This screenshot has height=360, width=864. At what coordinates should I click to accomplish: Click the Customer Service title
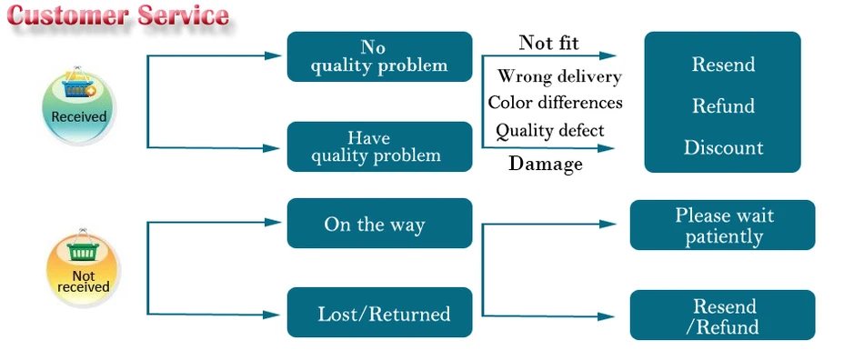(x=118, y=15)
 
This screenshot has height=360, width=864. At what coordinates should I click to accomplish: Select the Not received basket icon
(x=83, y=267)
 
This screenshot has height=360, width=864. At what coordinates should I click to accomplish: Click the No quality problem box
(x=379, y=56)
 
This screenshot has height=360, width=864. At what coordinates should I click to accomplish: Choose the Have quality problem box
(x=379, y=146)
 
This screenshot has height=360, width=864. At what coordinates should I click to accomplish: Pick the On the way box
(x=379, y=224)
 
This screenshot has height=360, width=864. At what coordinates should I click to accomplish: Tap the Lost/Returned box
(x=379, y=313)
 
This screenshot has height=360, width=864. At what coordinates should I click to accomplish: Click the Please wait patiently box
(x=722, y=225)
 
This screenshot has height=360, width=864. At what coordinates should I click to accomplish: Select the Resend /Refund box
(x=722, y=315)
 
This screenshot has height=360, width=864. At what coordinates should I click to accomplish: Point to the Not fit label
(x=548, y=43)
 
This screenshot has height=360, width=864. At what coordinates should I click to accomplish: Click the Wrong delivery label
(x=559, y=76)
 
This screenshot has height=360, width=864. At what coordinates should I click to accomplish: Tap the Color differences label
(x=556, y=103)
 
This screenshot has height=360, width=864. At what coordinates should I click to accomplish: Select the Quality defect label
(x=550, y=131)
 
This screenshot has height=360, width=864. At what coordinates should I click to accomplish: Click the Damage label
(x=546, y=164)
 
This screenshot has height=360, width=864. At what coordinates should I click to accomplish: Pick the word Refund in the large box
(x=724, y=105)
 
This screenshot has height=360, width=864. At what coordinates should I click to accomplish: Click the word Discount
(x=724, y=147)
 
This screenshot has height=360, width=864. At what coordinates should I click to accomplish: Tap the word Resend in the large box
(x=724, y=65)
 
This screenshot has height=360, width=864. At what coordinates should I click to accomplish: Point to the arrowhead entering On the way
(x=274, y=223)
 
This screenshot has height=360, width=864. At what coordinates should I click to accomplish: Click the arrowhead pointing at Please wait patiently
(x=608, y=224)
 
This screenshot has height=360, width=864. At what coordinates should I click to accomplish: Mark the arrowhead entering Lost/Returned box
(x=272, y=315)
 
